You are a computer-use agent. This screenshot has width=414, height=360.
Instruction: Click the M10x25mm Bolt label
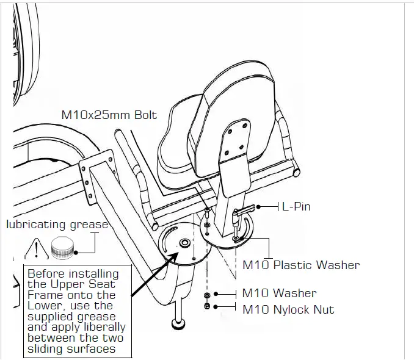coord(109,115)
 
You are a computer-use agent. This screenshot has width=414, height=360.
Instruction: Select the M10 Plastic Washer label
coord(301,265)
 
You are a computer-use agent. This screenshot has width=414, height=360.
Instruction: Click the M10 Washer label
coord(279,293)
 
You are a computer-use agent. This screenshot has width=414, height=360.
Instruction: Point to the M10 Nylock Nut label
coord(288,309)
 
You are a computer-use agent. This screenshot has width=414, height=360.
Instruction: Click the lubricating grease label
coord(57,225)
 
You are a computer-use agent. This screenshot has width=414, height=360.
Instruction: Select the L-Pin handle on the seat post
coord(247,211)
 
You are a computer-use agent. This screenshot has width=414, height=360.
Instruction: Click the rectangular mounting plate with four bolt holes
coord(98,174)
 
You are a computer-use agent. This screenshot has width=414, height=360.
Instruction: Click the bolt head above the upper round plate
coord(207,210)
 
